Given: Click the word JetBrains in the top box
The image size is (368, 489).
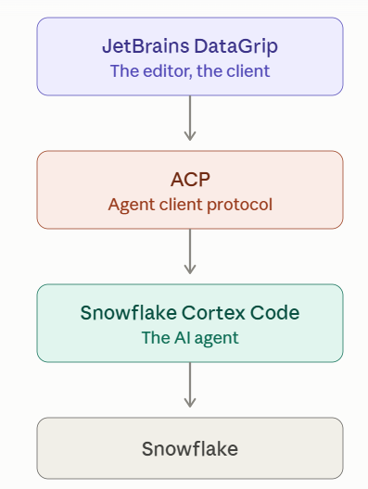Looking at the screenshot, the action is (x=146, y=46).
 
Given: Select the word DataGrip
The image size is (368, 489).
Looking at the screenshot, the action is (x=236, y=47).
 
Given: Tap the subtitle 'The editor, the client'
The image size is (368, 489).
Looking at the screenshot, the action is (x=190, y=71).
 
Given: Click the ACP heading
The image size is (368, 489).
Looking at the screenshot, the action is (x=190, y=180).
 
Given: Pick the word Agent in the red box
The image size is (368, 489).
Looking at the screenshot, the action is (x=132, y=206).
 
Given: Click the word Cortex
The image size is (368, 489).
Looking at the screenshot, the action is (x=213, y=313).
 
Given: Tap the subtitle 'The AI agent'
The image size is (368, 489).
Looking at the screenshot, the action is (x=190, y=338).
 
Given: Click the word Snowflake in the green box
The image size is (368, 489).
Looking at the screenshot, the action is (x=128, y=313).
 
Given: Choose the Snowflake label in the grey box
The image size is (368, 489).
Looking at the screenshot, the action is (x=190, y=449).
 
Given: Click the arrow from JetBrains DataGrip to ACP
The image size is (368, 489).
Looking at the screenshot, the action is (x=190, y=119).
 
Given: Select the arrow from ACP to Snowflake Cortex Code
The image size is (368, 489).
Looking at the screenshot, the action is (x=190, y=252).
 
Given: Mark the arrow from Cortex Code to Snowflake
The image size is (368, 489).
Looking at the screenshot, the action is (x=190, y=385).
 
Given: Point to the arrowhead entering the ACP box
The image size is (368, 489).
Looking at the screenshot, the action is (x=190, y=136).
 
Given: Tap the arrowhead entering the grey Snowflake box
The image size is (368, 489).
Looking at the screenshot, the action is (x=190, y=403).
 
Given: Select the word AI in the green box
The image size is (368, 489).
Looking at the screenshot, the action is (x=183, y=338).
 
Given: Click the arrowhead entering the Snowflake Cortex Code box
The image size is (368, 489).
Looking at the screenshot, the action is (x=190, y=270).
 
